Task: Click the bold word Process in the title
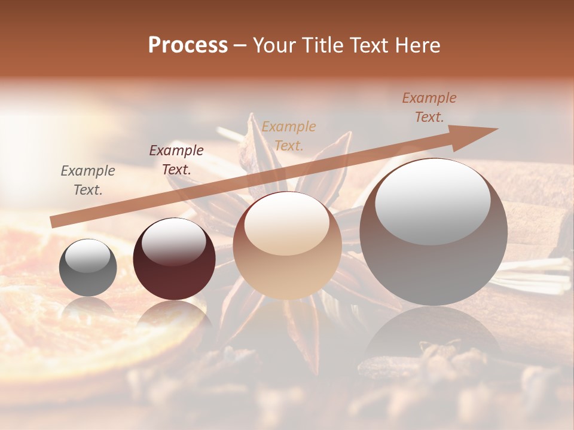(x=188, y=45)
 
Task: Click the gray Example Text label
(x=87, y=180)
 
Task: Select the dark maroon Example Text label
(x=176, y=160)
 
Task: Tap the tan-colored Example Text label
(x=289, y=136)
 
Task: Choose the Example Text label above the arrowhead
(x=429, y=107)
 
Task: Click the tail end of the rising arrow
(x=54, y=222)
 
